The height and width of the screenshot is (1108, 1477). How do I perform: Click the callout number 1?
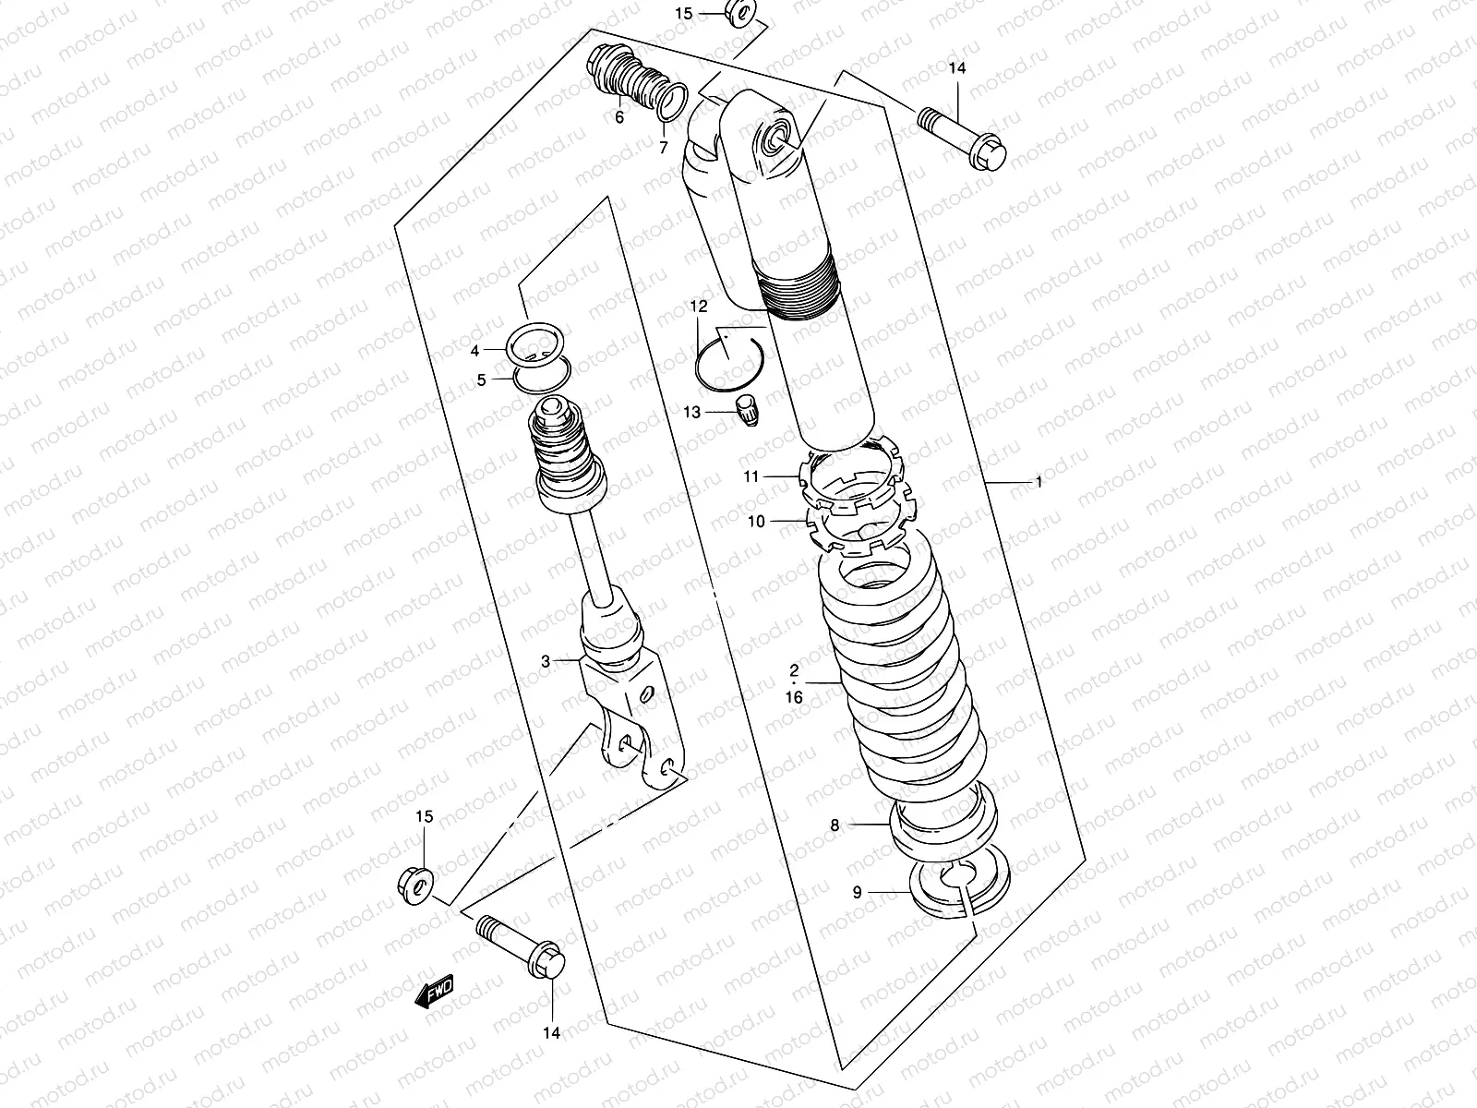(x=1038, y=482)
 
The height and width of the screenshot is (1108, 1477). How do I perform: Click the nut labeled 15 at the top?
(x=741, y=14)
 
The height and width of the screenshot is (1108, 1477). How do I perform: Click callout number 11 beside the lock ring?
(x=751, y=476)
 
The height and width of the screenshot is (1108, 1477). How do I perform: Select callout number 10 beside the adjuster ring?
(x=756, y=522)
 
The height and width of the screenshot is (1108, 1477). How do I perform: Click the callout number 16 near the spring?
(x=794, y=698)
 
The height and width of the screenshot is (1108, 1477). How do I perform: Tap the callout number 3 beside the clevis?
(x=546, y=661)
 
